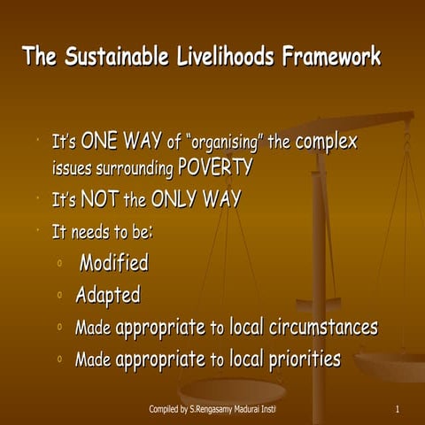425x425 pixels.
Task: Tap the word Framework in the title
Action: (331, 58)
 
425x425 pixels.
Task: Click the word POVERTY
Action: (215, 167)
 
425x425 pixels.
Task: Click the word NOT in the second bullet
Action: (100, 200)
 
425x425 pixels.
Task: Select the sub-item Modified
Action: (113, 263)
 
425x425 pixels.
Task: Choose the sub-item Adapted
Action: (107, 295)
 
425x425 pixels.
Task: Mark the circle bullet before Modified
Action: (58, 264)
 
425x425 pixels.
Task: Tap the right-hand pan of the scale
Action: (390, 363)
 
